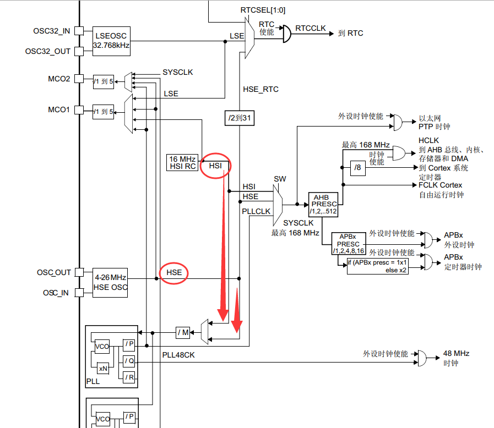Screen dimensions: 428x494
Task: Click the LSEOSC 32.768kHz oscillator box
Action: click(x=111, y=41)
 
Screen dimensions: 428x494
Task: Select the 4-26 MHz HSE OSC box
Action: click(x=111, y=283)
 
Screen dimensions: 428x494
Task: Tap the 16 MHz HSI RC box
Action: click(x=183, y=163)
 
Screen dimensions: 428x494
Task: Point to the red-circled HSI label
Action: click(x=215, y=165)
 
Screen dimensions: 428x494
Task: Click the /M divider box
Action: click(x=183, y=332)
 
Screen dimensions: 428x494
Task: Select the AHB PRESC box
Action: click(x=322, y=204)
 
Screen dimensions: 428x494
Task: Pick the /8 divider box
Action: click(x=357, y=167)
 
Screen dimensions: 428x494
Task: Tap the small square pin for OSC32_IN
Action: click(x=79, y=30)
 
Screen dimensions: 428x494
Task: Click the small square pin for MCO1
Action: click(x=79, y=111)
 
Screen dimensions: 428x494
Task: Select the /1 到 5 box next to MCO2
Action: click(x=104, y=81)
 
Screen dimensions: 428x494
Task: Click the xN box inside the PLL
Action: click(x=102, y=369)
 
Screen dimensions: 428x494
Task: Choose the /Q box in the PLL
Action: click(x=129, y=361)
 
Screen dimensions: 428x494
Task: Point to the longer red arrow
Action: click(x=222, y=248)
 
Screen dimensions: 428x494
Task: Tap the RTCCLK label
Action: click(x=310, y=28)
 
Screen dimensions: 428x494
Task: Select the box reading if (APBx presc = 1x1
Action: click(x=377, y=266)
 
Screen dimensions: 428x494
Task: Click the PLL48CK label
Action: click(x=178, y=355)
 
